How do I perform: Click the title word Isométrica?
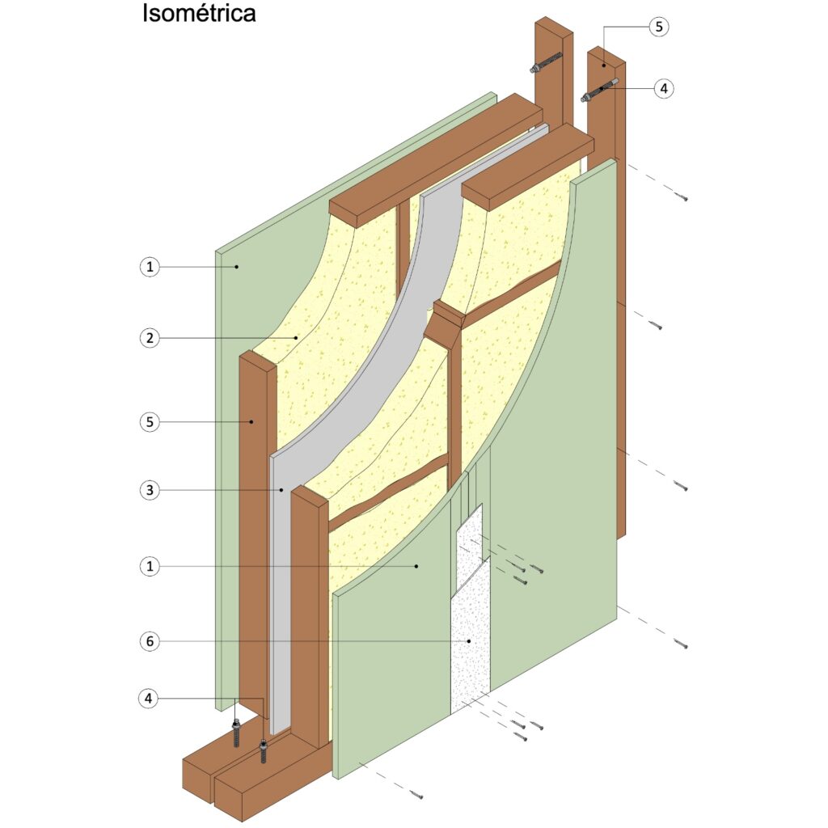click(199, 14)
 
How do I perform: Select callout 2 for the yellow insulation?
click(150, 338)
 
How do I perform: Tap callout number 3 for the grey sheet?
click(150, 490)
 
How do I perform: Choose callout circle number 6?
click(150, 641)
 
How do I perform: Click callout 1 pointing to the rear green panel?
click(150, 267)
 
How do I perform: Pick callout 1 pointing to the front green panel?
click(150, 567)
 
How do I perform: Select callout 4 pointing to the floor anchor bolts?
click(149, 699)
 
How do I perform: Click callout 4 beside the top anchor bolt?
click(664, 88)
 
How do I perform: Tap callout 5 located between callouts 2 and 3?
click(150, 422)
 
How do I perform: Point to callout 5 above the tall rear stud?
click(658, 27)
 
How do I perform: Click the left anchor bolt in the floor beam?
click(237, 733)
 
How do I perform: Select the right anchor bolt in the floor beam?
click(263, 752)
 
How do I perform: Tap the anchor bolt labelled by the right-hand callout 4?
click(599, 89)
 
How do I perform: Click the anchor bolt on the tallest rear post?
click(546, 61)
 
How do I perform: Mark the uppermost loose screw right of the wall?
click(682, 197)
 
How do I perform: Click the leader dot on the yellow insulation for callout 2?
click(296, 338)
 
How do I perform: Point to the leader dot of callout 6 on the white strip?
click(468, 641)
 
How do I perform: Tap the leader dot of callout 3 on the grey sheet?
click(281, 490)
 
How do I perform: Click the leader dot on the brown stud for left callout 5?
click(252, 422)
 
